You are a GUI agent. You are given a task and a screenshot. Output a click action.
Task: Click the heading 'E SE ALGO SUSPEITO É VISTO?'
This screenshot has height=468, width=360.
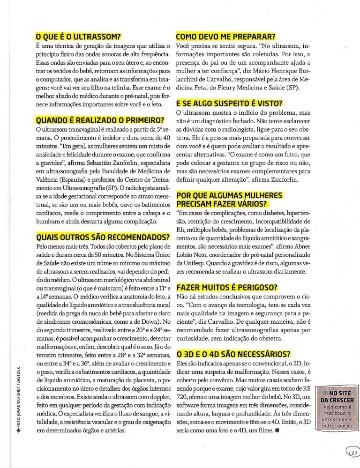(232, 104)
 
